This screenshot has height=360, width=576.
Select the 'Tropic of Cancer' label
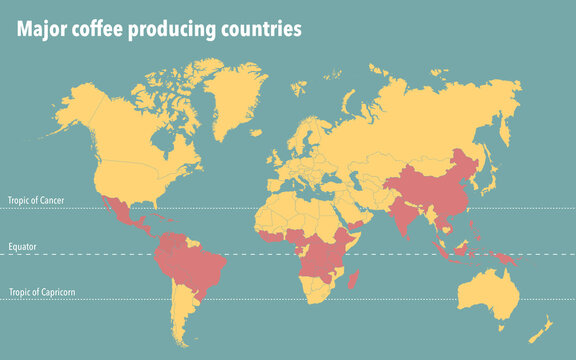[x=36, y=201]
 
